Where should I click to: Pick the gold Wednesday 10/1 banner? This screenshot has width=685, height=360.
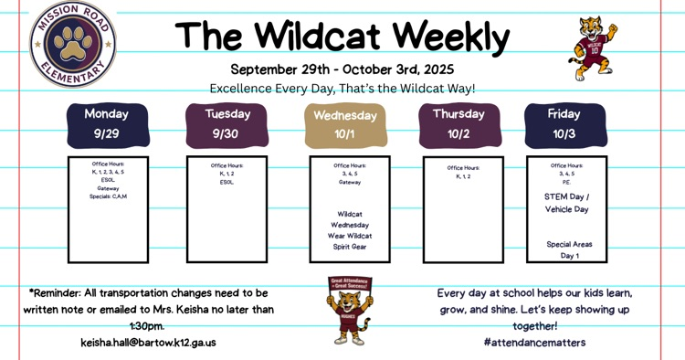coord(344,125)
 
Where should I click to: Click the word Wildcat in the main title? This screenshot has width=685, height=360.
coord(318,37)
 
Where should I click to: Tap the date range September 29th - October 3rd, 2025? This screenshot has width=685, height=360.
coord(342,69)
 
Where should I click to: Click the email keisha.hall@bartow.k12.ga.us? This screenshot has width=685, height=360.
coord(148,343)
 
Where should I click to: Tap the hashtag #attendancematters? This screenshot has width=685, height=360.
coord(534,343)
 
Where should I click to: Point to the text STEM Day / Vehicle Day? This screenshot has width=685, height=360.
coord(566,203)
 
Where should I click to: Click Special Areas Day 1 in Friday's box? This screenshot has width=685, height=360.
coord(569,250)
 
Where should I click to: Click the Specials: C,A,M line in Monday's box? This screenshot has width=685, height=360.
coord(108,196)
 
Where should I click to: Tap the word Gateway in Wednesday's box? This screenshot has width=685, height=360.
coord(350,181)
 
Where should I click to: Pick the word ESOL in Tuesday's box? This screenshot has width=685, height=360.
coord(227,181)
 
